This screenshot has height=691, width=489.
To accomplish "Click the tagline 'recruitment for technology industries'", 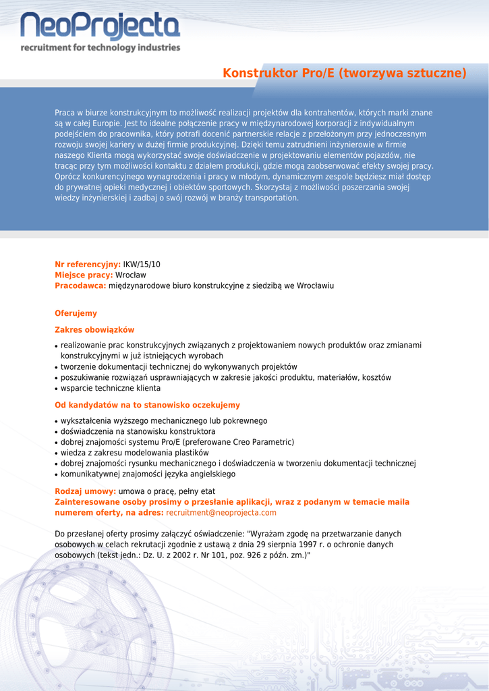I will click(100, 48).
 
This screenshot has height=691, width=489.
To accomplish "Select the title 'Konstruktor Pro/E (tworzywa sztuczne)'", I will click(345, 73).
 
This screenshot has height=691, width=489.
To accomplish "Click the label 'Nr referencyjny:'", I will click(88, 265).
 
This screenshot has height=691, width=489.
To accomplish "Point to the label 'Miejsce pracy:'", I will click(84, 275).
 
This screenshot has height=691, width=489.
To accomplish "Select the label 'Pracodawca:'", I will click(80, 286).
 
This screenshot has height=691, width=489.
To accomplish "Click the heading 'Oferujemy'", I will click(76, 313).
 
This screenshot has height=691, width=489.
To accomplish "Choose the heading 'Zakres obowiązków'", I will click(94, 330).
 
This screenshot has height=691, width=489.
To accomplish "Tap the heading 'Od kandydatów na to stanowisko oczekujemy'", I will click(147, 405).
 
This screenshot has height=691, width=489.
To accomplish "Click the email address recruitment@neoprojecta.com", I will click(221, 513).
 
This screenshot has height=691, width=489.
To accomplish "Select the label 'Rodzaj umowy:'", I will click(85, 491).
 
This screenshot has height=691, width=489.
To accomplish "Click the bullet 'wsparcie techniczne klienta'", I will click(111, 388).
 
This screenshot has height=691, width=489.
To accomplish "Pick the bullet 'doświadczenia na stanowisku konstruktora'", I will click(138, 431).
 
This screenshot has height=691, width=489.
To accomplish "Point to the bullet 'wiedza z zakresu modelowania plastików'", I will click(135, 453).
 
